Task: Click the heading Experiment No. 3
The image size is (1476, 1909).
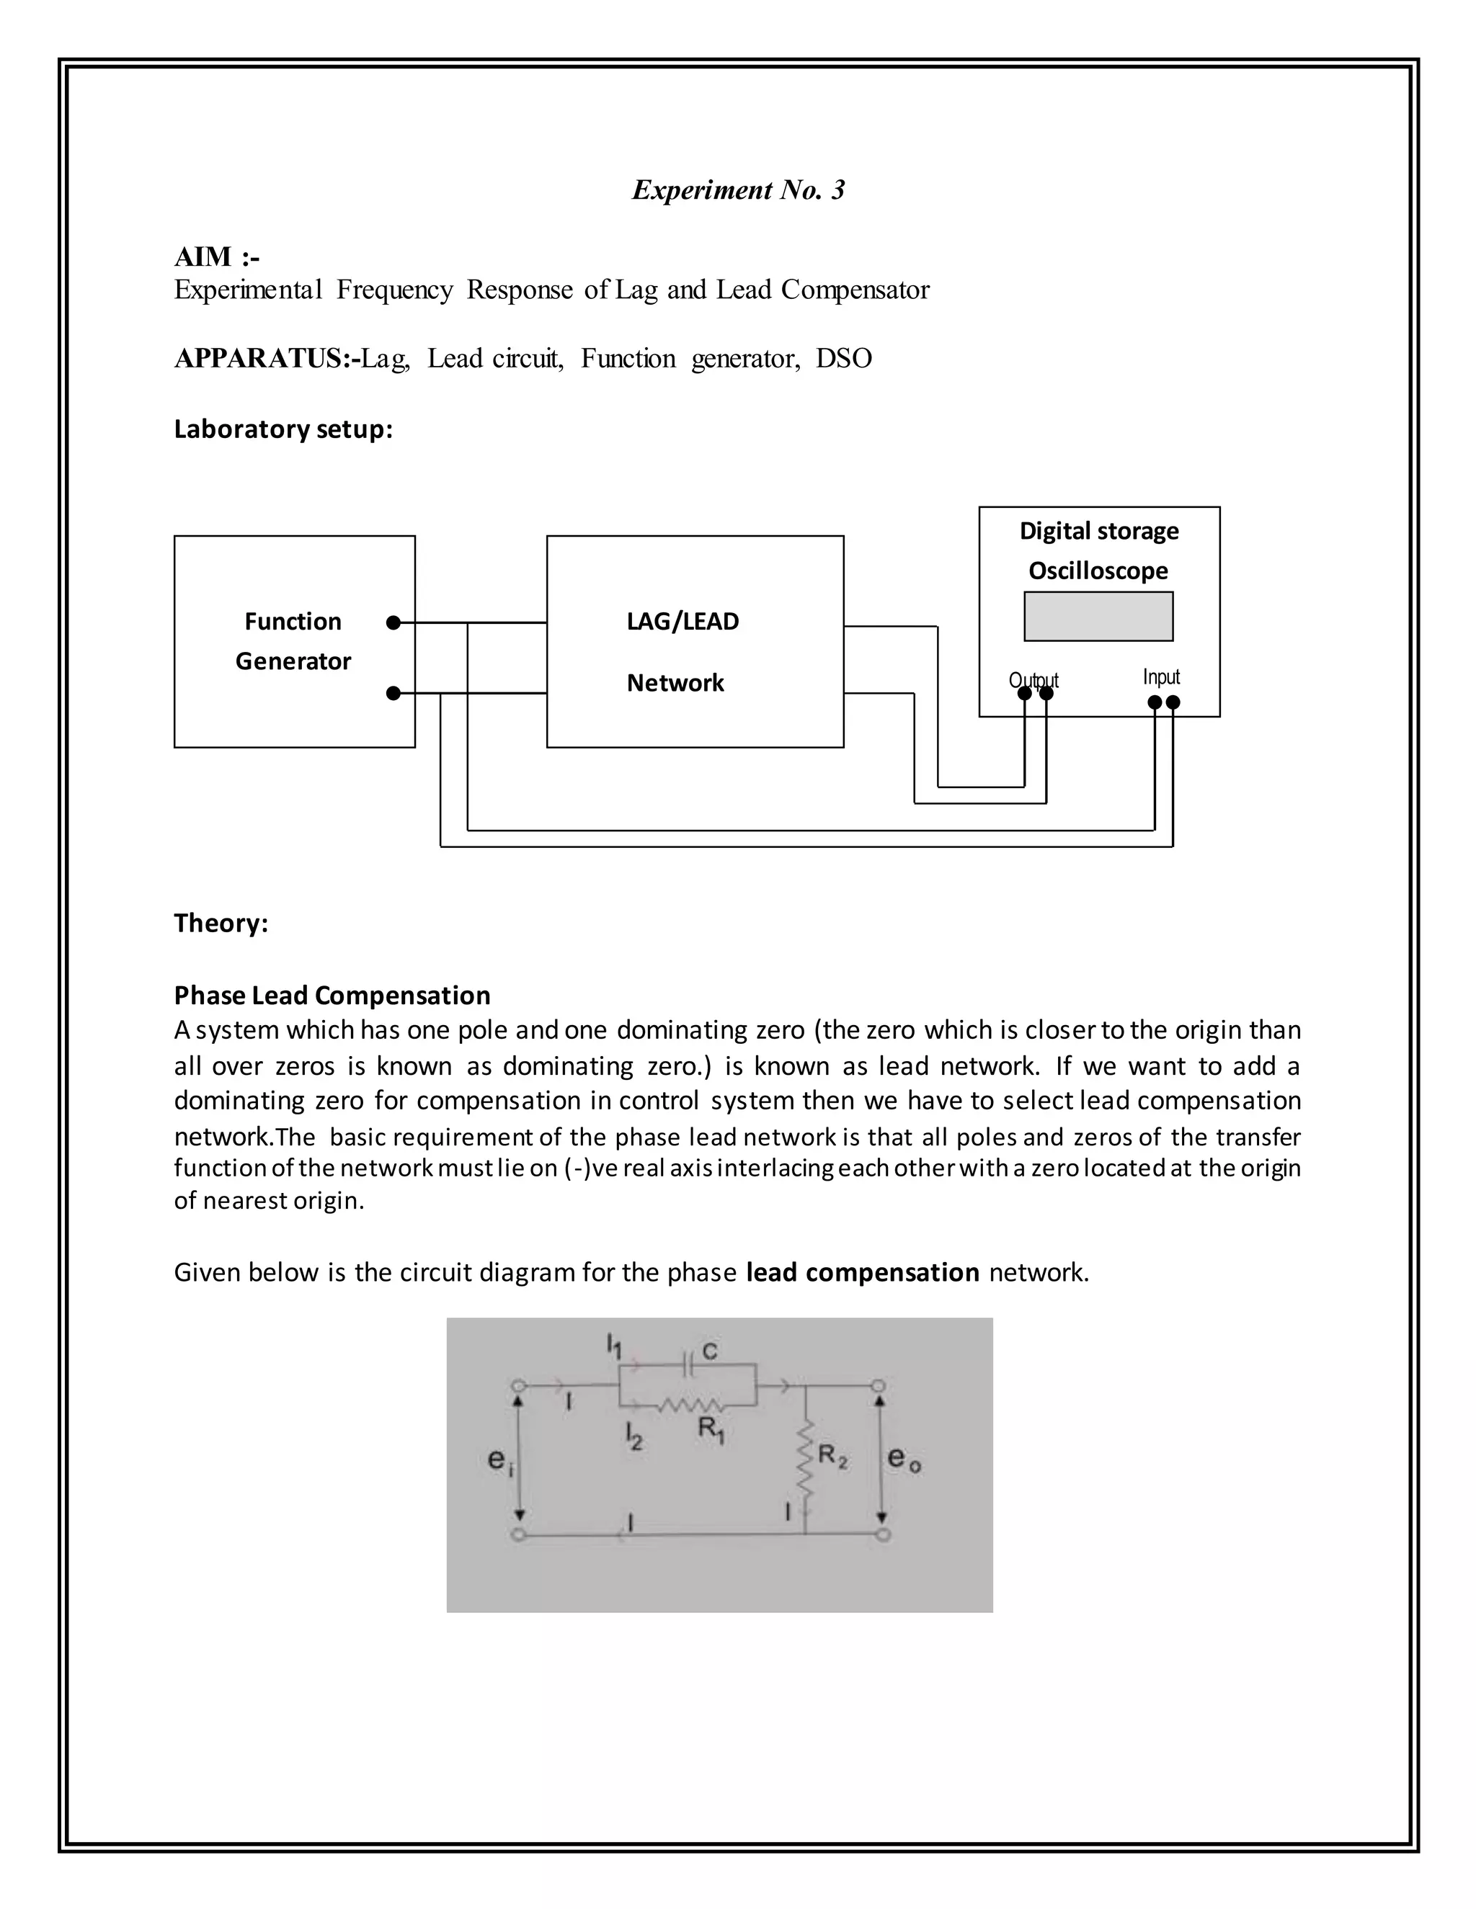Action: coord(738,189)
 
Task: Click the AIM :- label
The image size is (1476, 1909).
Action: coord(216,257)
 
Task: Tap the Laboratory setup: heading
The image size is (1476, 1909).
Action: coord(283,429)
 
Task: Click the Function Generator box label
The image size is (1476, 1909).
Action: coord(293,640)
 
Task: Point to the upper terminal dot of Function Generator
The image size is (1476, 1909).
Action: coord(394,622)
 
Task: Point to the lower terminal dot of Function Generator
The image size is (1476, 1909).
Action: coord(394,693)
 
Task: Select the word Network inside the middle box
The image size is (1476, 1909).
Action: coord(675,683)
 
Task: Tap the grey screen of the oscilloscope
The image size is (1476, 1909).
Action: coord(1098,616)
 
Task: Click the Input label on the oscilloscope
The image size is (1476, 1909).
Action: coord(1161,677)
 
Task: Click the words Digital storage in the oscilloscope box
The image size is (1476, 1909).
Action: coord(1098,532)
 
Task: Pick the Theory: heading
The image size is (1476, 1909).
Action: coord(221,923)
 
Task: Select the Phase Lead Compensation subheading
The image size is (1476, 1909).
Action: coord(332,996)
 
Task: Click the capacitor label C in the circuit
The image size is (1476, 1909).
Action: coord(709,1351)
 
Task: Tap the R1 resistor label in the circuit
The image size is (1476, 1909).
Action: coord(711,1430)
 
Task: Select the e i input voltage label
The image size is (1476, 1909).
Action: coord(499,1459)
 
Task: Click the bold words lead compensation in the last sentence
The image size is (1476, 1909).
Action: coord(862,1273)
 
